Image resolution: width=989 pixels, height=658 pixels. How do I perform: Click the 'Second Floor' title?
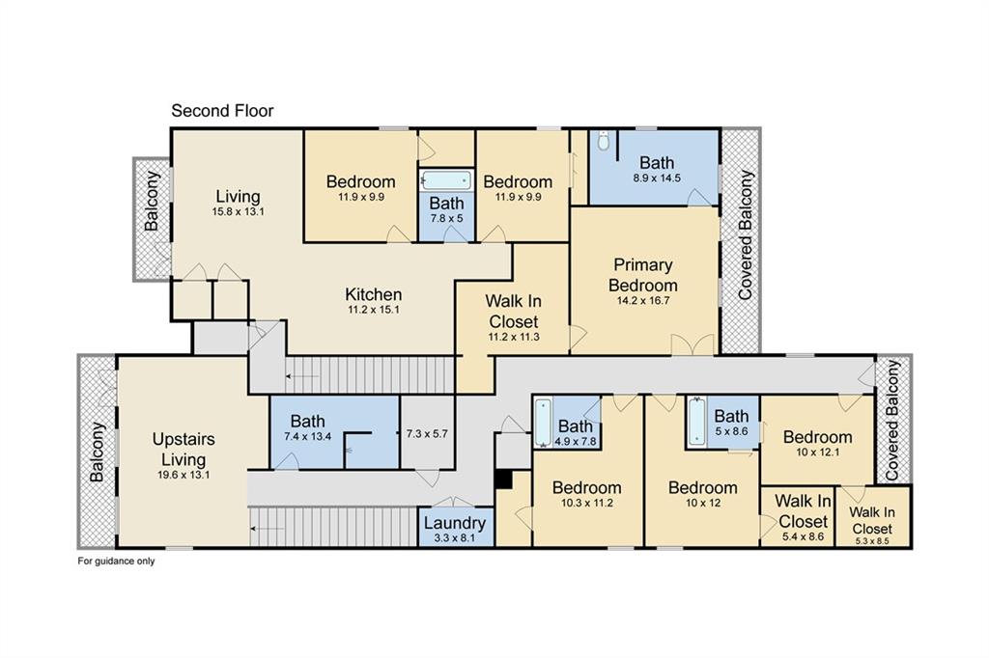pos(222,111)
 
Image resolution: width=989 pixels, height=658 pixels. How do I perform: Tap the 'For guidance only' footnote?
pos(116,561)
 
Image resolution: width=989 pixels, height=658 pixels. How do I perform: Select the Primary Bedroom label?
pos(642,275)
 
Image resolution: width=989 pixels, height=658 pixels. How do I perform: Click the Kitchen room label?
pos(374,294)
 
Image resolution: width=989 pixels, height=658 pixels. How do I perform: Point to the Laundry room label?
pos(454,523)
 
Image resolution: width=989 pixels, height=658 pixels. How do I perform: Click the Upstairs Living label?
pos(184,449)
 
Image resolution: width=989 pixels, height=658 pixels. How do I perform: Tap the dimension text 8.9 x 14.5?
pos(657,178)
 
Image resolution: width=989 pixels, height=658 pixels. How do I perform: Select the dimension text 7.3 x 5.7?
pos(427,433)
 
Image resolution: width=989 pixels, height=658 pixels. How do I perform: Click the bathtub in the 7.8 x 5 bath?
pos(446,180)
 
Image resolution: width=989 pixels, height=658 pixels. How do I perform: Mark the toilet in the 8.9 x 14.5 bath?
pos(604,141)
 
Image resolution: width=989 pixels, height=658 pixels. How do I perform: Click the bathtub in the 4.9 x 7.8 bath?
pos(543,423)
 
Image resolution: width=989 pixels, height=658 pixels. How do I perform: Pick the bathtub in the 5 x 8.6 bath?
pos(697,422)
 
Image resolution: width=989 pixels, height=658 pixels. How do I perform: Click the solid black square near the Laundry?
pos(502,479)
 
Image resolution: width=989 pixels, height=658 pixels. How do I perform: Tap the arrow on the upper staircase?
pos(302,376)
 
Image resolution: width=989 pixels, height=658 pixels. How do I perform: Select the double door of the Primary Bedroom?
pos(692,344)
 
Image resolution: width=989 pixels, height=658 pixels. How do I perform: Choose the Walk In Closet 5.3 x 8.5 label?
pos(872,521)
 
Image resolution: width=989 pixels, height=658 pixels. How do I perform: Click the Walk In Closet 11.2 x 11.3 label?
pos(514,317)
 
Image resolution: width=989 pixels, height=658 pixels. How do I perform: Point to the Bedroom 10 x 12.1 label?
pos(817,443)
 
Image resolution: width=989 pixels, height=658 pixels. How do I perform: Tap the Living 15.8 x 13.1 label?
pos(238,203)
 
